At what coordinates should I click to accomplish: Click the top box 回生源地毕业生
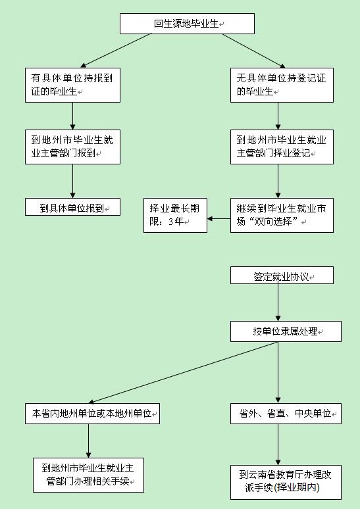point(187,24)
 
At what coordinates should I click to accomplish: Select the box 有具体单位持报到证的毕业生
point(73,85)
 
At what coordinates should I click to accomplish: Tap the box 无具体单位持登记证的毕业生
point(282,85)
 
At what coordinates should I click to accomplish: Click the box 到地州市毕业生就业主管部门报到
point(73,147)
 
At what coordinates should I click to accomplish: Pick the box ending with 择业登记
point(282,147)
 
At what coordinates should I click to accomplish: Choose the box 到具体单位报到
point(73,206)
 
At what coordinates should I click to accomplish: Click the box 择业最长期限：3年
point(176,215)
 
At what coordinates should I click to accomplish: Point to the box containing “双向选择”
point(282,215)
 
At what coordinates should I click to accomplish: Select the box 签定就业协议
point(282,276)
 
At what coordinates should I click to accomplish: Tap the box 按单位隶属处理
point(286,331)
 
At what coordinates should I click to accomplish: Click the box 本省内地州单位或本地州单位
point(92,414)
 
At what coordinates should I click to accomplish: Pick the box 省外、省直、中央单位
point(286,414)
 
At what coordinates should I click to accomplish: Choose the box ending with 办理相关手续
point(88,475)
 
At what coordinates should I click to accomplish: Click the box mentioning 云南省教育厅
point(286,482)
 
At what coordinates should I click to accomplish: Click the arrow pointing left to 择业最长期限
point(219,218)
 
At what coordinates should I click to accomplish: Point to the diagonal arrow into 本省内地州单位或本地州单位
point(183,372)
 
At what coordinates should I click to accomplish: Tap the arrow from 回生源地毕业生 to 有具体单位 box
point(116,51)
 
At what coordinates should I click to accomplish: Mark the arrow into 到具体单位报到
point(73,181)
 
